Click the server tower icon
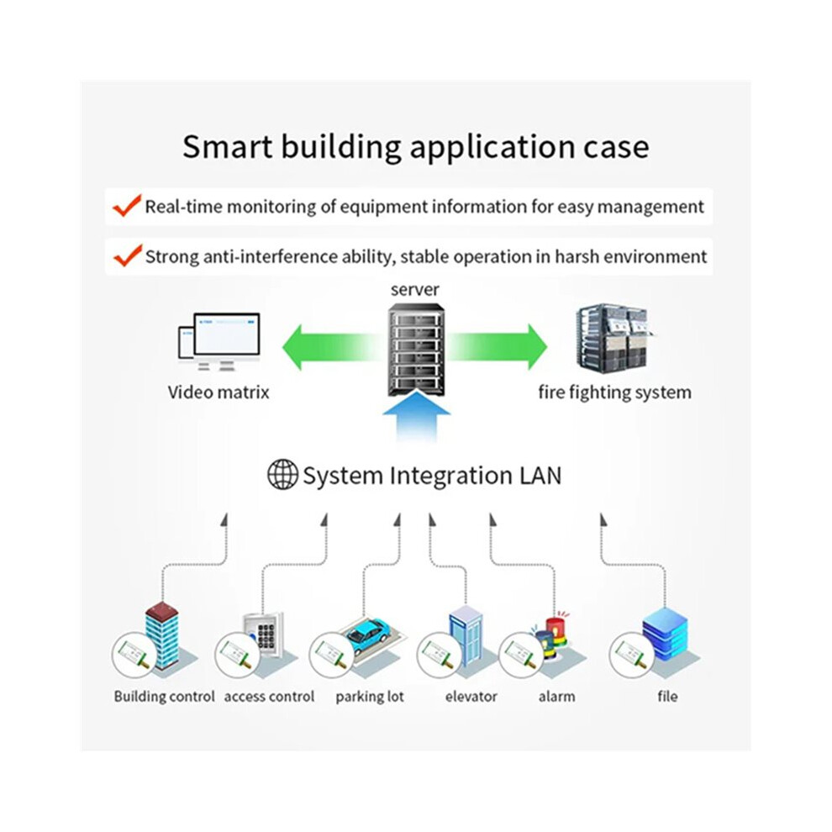(x=416, y=349)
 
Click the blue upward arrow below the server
(x=417, y=417)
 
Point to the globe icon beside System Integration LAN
(x=282, y=474)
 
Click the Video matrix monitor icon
(x=219, y=342)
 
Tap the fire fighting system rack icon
(x=615, y=336)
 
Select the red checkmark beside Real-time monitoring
(x=128, y=205)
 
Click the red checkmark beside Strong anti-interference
(x=128, y=255)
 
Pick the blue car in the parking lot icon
(x=370, y=635)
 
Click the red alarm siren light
(x=556, y=629)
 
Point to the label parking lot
(x=370, y=696)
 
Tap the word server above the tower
(x=415, y=290)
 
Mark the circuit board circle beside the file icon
(x=631, y=655)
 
